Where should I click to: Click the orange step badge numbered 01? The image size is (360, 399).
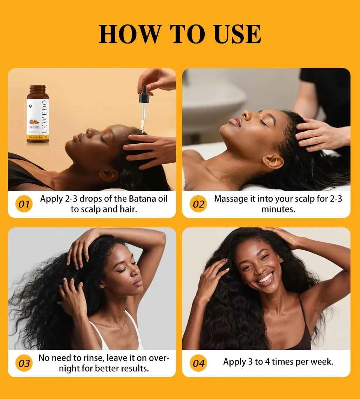pos(24,204)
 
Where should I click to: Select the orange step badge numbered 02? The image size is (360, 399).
pos(198,204)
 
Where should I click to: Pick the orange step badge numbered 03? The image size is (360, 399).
pos(24,363)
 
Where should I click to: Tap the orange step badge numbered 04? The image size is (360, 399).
pos(198,363)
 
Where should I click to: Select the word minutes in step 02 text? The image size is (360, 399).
pos(278,209)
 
